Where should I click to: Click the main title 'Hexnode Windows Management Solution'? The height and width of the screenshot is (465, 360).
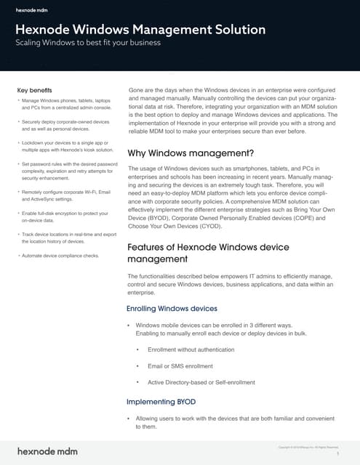[140, 30]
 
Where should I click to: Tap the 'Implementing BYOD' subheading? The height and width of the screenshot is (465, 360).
[160, 401]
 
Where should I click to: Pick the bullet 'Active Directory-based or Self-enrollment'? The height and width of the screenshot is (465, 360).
[201, 382]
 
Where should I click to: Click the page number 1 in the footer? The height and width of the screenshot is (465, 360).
[338, 453]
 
